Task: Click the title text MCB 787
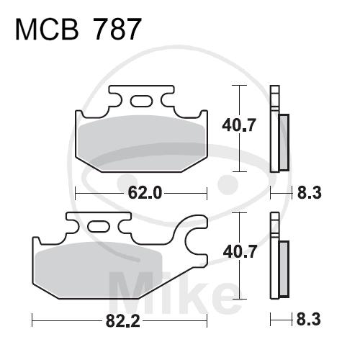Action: click(x=77, y=30)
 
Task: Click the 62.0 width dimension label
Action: click(x=145, y=193)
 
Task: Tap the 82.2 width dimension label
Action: click(x=122, y=321)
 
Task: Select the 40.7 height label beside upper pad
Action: click(x=239, y=125)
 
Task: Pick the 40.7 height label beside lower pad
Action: click(x=240, y=251)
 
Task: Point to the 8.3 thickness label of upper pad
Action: click(x=310, y=192)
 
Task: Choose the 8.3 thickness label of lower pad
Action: click(x=309, y=319)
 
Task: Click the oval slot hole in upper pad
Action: click(x=141, y=101)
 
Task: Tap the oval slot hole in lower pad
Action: click(x=99, y=226)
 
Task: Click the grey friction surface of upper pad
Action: click(x=142, y=143)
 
